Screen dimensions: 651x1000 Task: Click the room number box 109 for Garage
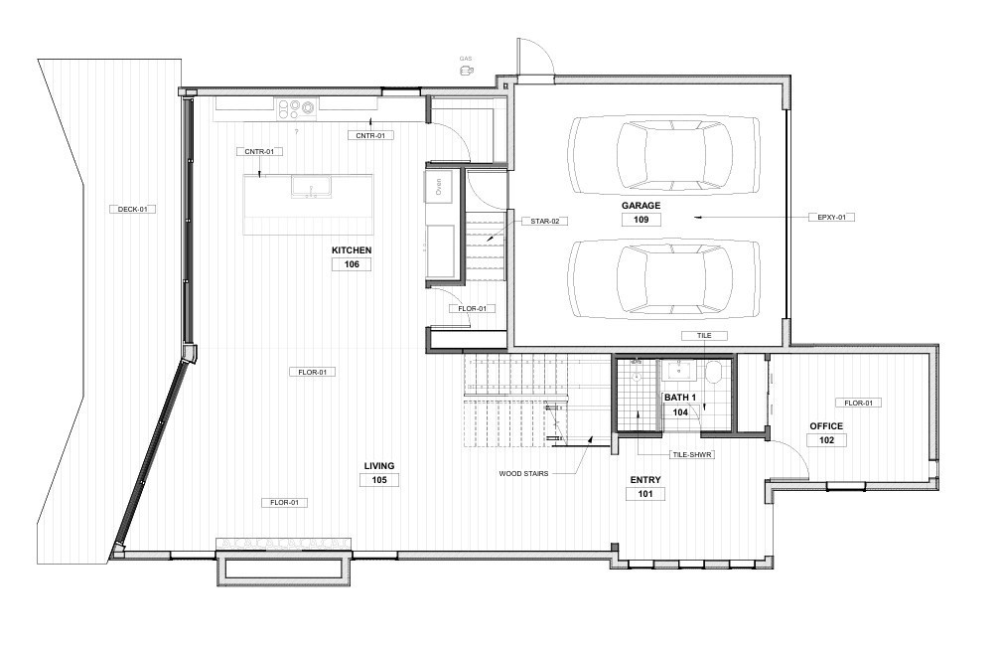pyautogui.click(x=641, y=220)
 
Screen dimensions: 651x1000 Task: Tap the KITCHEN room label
pyautogui.click(x=352, y=249)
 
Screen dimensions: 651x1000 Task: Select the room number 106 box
pyautogui.click(x=352, y=264)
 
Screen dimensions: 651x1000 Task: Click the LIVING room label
pyautogui.click(x=378, y=465)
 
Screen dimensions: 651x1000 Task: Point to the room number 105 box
pyautogui.click(x=378, y=480)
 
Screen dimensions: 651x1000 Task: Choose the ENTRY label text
pyautogui.click(x=645, y=479)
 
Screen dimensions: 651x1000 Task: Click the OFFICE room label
pyautogui.click(x=826, y=425)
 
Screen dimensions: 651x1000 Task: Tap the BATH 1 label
pyautogui.click(x=680, y=398)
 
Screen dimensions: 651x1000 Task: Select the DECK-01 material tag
pyautogui.click(x=132, y=209)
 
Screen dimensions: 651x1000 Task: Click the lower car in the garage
pyautogui.click(x=663, y=277)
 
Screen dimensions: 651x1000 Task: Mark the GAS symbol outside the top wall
pyautogui.click(x=465, y=70)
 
